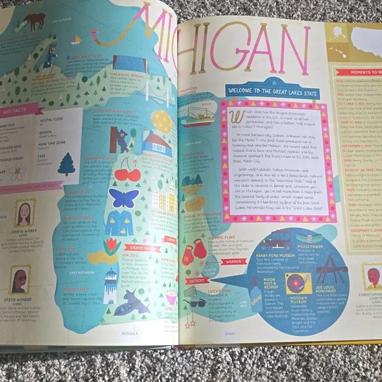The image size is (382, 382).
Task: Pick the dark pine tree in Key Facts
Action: pos(67,163)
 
